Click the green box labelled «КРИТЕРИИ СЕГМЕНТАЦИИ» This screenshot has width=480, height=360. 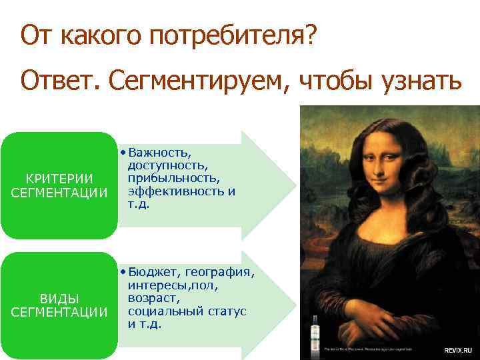[x=59, y=186]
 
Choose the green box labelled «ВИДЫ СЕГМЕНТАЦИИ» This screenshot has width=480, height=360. [x=59, y=305]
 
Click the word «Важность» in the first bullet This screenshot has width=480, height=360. [x=161, y=153]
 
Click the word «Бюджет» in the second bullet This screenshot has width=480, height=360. [x=155, y=272]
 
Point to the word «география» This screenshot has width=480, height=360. [x=219, y=272]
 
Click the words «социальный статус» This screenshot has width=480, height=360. [x=187, y=311]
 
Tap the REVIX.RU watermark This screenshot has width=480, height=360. [x=460, y=349]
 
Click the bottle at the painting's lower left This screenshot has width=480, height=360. [x=315, y=336]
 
